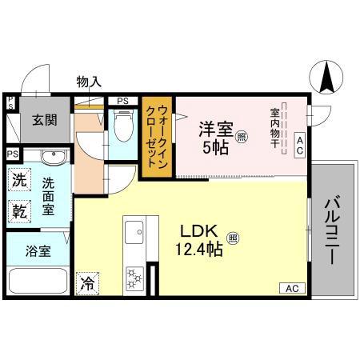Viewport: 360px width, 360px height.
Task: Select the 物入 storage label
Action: [89, 81]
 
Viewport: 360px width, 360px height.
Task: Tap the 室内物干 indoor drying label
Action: [274, 128]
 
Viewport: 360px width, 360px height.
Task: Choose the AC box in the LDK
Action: [292, 287]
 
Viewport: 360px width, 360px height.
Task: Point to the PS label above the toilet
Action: [122, 101]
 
